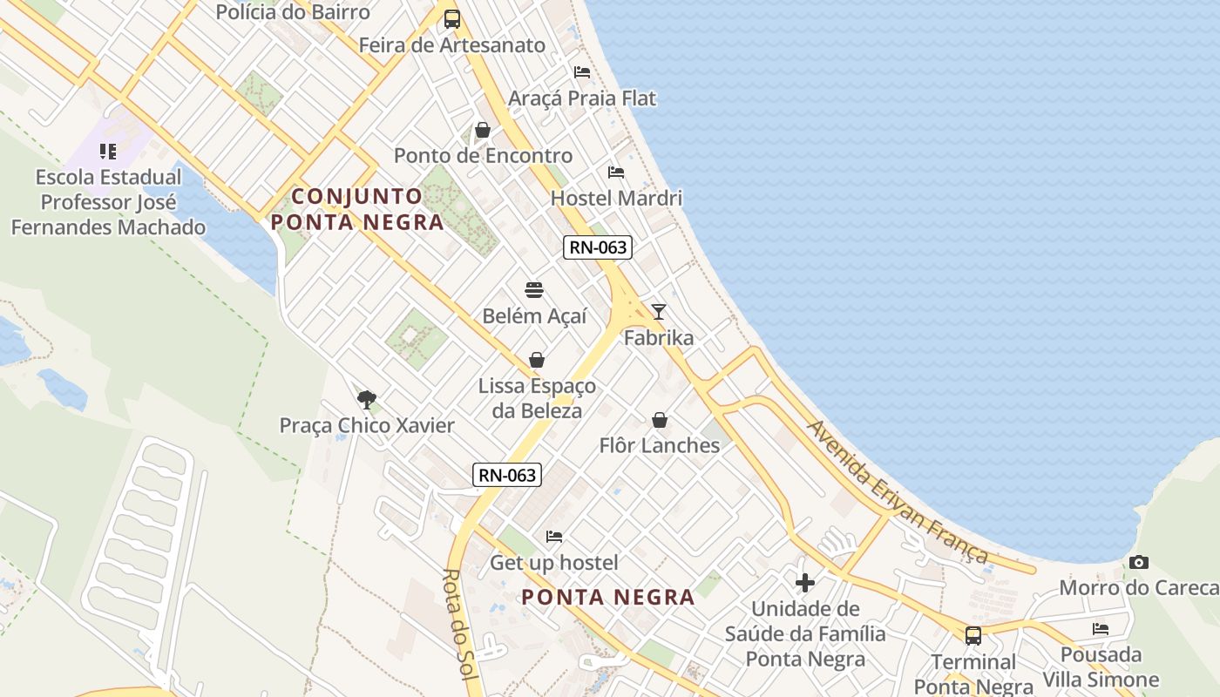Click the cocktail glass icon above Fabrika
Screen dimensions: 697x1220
659,312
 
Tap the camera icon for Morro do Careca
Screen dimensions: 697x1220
1139,563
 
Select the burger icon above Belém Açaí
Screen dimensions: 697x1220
534,290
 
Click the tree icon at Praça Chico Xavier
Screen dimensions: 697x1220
367,400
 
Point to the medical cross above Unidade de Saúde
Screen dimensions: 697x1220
805,582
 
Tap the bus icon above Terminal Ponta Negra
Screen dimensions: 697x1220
973,636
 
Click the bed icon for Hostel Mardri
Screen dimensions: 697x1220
616,173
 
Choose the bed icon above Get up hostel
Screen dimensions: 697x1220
554,537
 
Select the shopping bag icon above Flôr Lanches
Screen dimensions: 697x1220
660,420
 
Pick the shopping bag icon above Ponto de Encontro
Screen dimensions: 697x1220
483,131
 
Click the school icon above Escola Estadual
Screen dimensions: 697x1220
108,152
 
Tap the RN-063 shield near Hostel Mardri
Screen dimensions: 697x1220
597,247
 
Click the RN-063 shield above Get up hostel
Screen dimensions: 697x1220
508,475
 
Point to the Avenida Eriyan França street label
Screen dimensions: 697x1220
898,492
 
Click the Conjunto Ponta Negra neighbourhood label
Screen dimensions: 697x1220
357,209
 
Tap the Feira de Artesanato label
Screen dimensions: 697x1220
452,45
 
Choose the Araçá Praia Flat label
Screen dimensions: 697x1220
582,98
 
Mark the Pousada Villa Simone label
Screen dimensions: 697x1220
1101,667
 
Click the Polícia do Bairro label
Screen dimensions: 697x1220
293,12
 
